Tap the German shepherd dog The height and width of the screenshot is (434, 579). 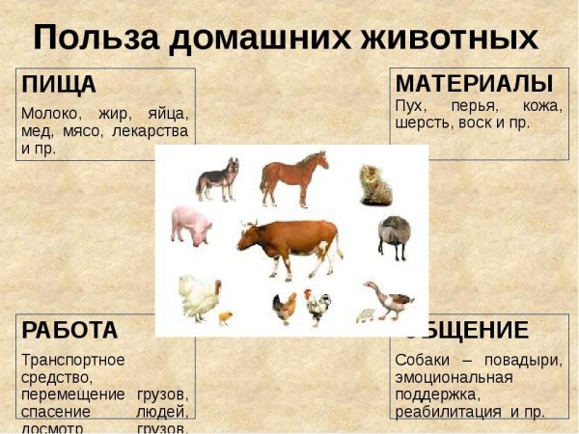coord(217,178)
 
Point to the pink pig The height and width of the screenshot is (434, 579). coord(192,225)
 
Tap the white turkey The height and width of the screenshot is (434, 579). coord(199,295)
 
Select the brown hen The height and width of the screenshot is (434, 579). coord(284,308)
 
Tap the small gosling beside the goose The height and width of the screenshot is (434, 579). coord(365,314)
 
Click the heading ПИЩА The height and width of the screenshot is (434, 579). coord(59,84)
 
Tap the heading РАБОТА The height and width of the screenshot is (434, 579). coord(69,330)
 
